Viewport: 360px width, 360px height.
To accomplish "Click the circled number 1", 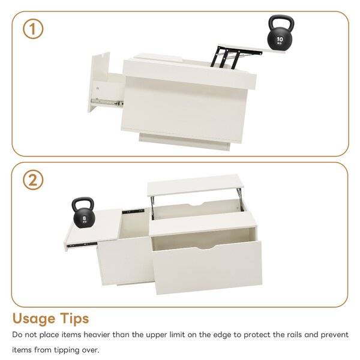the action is (33, 29).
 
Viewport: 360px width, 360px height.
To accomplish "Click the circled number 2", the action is (33, 180).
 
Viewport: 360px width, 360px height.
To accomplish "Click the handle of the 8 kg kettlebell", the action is (83, 202).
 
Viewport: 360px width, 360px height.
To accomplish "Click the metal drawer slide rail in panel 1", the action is (107, 102).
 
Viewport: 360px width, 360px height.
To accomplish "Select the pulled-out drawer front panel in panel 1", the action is (99, 82).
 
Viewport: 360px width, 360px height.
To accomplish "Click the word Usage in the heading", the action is (34, 319).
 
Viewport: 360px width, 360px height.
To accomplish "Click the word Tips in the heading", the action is (74, 319).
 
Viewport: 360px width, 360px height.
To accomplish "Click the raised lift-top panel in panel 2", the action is (196, 184).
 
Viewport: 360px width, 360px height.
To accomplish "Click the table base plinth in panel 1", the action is (184, 142).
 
